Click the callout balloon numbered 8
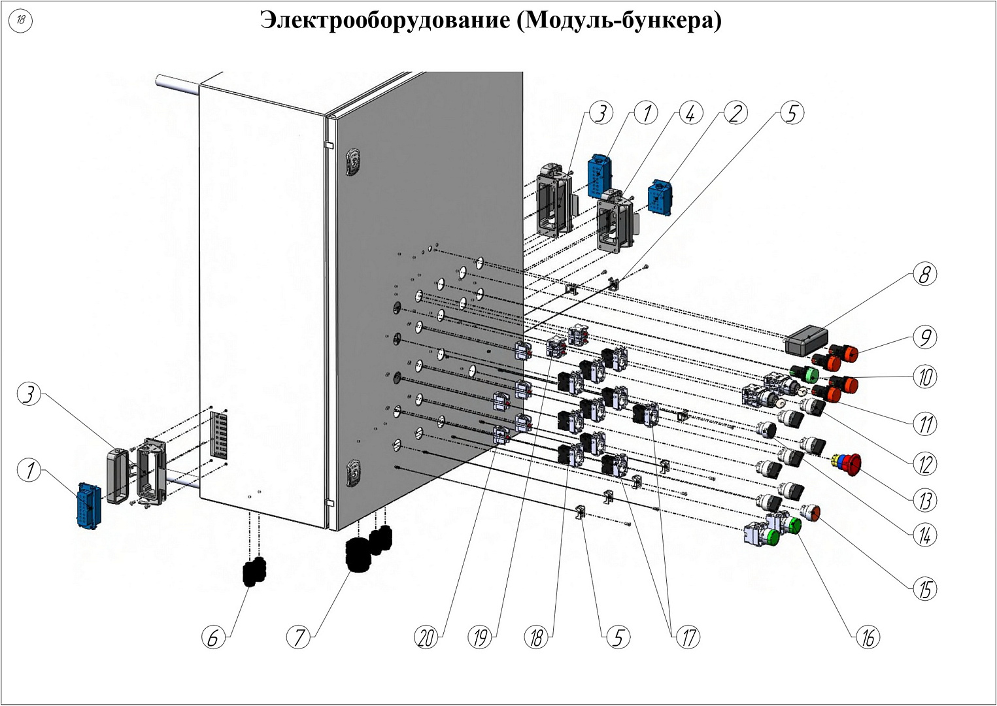pyautogui.click(x=924, y=275)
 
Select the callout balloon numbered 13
pyautogui.click(x=924, y=501)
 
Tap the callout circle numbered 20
pyautogui.click(x=427, y=637)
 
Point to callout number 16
pyautogui.click(x=868, y=637)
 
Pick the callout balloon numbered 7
pyautogui.click(x=299, y=636)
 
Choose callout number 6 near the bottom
pyautogui.click(x=213, y=637)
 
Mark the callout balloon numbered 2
pyautogui.click(x=736, y=113)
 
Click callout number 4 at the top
pyautogui.click(x=690, y=113)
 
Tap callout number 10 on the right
pyautogui.click(x=924, y=377)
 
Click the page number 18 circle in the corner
pyautogui.click(x=21, y=20)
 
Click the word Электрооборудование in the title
pyautogui.click(x=384, y=20)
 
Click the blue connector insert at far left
pyautogui.click(x=88, y=505)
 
